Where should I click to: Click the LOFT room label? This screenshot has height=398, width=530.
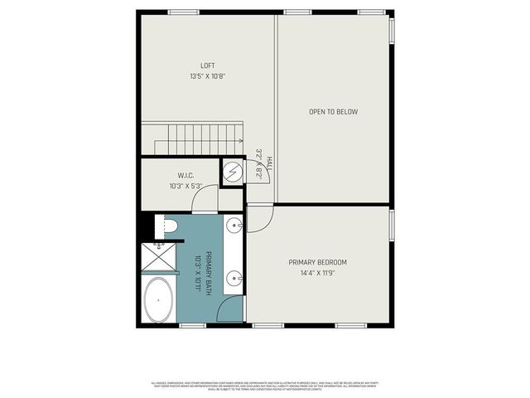(x=208, y=66)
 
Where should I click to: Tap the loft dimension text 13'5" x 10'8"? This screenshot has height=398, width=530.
(x=208, y=76)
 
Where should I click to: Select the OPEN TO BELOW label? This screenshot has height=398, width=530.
(x=333, y=112)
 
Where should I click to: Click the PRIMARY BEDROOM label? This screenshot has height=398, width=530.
(x=318, y=262)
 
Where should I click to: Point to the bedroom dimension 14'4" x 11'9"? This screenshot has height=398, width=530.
(x=318, y=273)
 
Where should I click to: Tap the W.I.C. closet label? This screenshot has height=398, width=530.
(x=185, y=175)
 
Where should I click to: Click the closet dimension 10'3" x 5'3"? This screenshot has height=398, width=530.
(x=185, y=186)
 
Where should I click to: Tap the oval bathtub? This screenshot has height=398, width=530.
(x=159, y=300)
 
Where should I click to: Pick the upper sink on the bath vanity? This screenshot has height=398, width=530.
(x=235, y=225)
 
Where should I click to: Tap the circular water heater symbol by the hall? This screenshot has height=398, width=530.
(x=233, y=173)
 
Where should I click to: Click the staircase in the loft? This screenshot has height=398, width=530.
(x=192, y=138)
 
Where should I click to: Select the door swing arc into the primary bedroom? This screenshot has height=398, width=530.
(x=258, y=218)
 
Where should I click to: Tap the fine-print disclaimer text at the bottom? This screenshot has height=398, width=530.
(x=265, y=386)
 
